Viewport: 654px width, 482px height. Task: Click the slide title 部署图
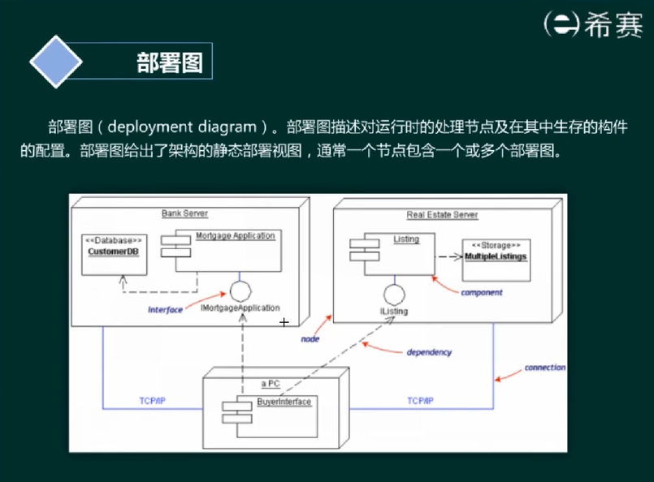169,62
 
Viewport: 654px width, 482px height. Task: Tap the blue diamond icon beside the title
55,62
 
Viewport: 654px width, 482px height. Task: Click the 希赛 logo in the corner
593,24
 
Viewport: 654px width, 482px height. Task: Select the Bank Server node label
184,213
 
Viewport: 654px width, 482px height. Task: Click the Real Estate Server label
442,215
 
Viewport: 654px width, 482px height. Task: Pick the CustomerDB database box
114,252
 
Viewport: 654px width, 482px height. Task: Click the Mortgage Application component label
236,236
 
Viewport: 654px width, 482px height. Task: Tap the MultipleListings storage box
496,257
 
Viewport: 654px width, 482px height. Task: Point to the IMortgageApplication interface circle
240,290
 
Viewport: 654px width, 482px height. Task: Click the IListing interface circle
394,295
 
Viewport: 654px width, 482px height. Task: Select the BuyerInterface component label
284,402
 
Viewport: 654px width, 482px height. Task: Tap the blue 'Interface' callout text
165,310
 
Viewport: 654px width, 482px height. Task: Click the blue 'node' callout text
310,339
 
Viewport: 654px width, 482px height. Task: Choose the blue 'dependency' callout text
429,352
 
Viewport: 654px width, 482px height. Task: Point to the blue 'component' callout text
482,292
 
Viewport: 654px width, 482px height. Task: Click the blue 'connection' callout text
544,368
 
